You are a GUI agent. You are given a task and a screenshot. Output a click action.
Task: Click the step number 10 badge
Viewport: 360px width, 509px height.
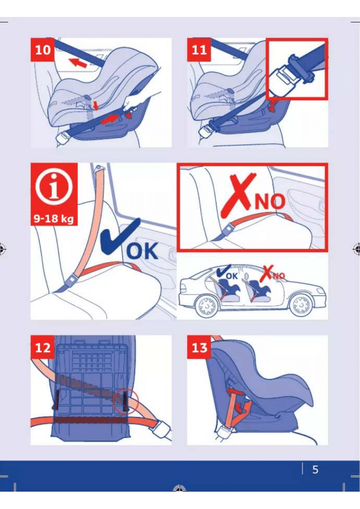click(x=42, y=50)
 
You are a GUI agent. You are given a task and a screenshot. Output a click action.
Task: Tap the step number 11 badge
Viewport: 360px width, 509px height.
click(x=199, y=50)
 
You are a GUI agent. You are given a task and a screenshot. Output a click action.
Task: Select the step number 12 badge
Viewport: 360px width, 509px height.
click(x=42, y=347)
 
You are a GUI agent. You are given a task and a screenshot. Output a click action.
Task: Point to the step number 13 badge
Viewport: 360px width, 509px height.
click(x=199, y=347)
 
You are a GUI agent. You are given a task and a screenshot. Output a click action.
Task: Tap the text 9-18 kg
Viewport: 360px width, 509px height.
click(x=54, y=218)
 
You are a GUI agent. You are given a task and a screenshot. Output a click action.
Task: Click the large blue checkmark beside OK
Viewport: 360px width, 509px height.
click(x=119, y=236)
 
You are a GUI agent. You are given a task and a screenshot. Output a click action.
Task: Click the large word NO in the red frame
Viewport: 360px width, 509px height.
click(x=270, y=202)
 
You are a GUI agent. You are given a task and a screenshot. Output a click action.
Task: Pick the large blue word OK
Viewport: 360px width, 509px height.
click(x=142, y=251)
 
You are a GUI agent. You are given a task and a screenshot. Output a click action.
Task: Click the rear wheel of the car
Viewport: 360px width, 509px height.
click(x=206, y=305)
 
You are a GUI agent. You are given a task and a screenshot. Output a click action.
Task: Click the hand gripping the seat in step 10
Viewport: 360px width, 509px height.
click(x=134, y=101)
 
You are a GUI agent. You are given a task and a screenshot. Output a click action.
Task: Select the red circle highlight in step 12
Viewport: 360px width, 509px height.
click(x=126, y=401)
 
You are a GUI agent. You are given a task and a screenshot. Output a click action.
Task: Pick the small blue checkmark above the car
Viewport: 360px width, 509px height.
click(x=223, y=271)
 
